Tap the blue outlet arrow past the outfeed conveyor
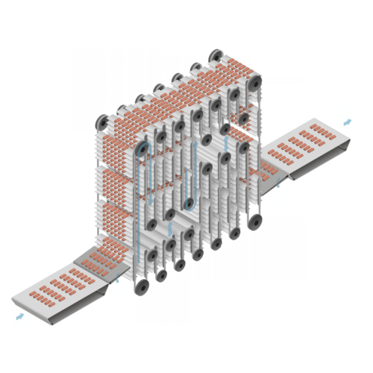pyautogui.click(x=346, y=121)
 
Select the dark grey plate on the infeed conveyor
pyautogui.click(x=101, y=260)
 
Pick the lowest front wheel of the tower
pyautogui.click(x=141, y=287)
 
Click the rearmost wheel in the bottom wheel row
pyautogui.click(x=255, y=220)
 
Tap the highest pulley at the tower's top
pyautogui.click(x=216, y=57)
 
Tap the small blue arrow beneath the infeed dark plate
pyautogui.click(x=116, y=280)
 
